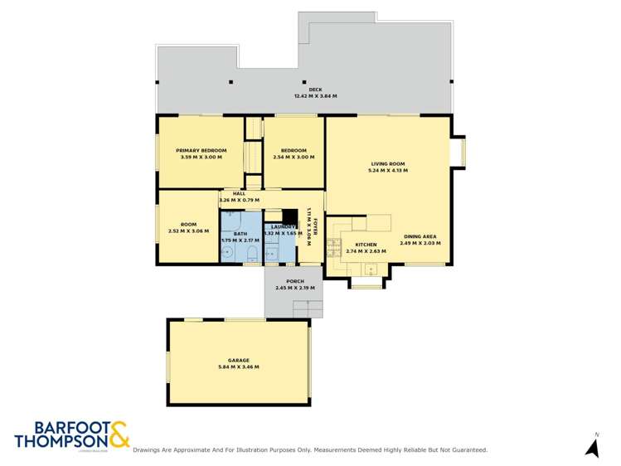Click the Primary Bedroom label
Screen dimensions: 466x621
(x=201, y=150)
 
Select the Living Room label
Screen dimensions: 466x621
(x=388, y=163)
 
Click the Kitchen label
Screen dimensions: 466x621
(x=366, y=245)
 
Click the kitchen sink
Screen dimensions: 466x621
(x=370, y=268)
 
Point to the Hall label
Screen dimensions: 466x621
(x=239, y=193)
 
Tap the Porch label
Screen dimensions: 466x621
(x=296, y=281)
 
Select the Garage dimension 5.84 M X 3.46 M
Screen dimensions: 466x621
(x=239, y=367)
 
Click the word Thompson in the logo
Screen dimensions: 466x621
(x=61, y=441)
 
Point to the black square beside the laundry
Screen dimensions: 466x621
(x=289, y=217)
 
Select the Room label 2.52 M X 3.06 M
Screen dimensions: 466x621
(x=188, y=227)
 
